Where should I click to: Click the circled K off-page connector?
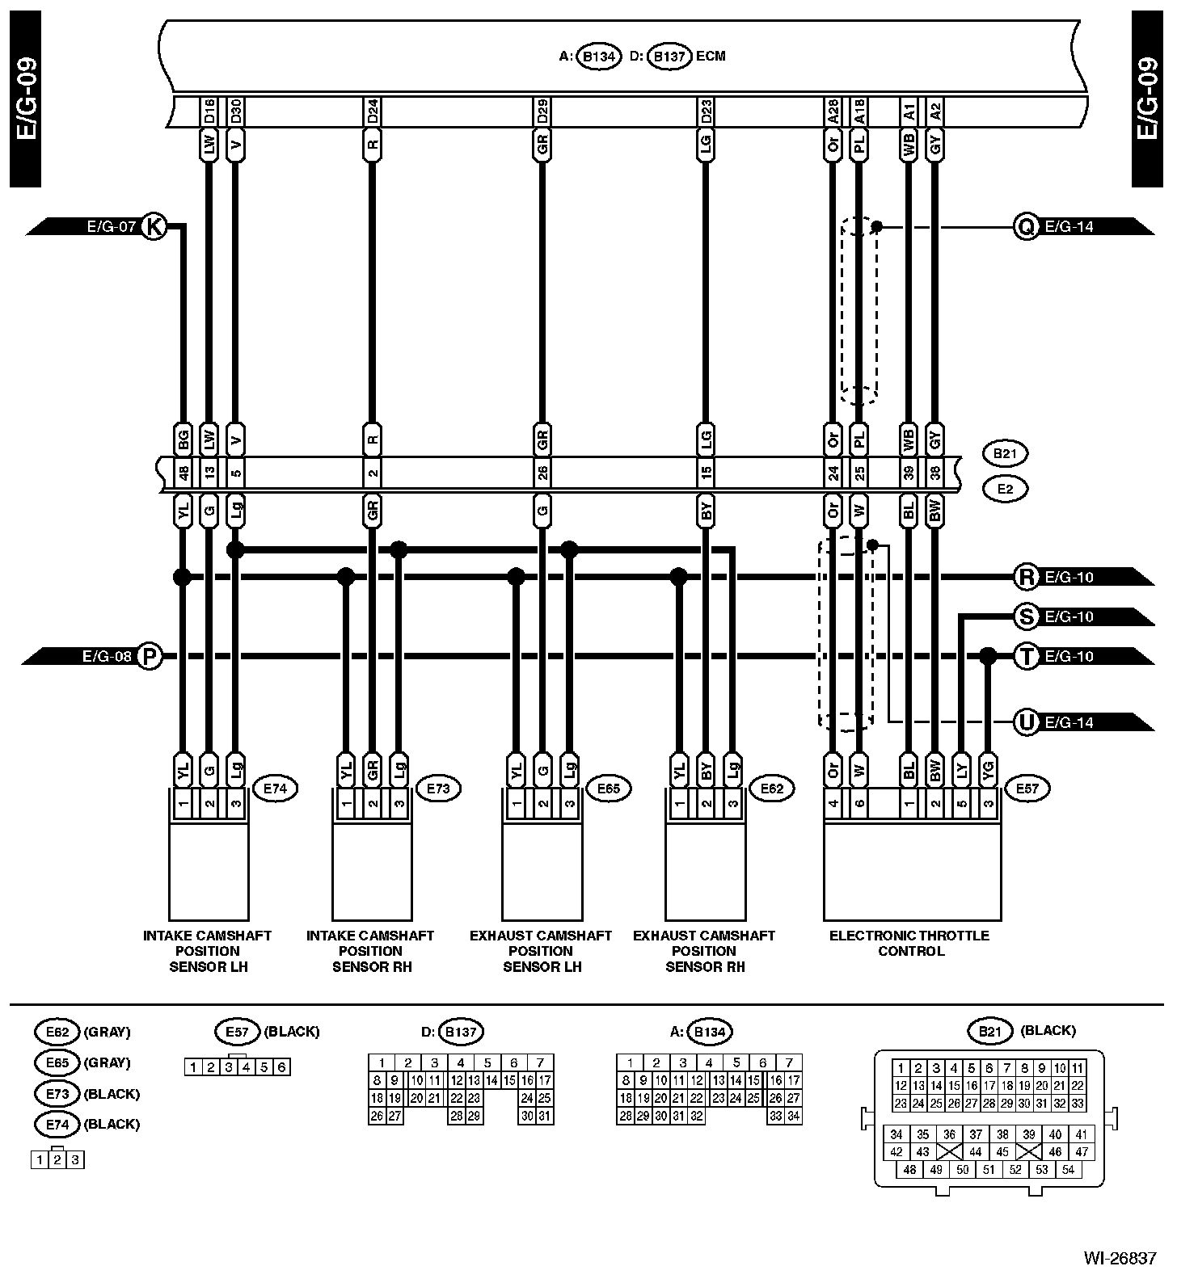[153, 227]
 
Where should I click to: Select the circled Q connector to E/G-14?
[1026, 227]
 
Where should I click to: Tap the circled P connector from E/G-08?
[149, 656]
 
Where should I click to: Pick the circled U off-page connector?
[1026, 721]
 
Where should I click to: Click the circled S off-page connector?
[1026, 616]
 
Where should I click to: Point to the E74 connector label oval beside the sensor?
[276, 788]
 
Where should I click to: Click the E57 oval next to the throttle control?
[1027, 788]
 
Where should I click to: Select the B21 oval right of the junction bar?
[1005, 454]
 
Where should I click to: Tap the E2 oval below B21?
[1005, 488]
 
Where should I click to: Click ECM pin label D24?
[372, 111]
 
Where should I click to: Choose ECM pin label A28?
[833, 111]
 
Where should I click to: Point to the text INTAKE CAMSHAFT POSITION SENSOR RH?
[371, 951]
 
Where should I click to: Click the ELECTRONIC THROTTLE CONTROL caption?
[909, 943]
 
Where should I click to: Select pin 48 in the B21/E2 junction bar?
[184, 472]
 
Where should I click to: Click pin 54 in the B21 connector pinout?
[1068, 1169]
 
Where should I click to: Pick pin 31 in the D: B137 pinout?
[545, 1116]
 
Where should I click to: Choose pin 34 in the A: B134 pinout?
[794, 1116]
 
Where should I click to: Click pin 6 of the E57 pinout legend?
[281, 1067]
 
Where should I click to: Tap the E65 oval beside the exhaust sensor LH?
[608, 788]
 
